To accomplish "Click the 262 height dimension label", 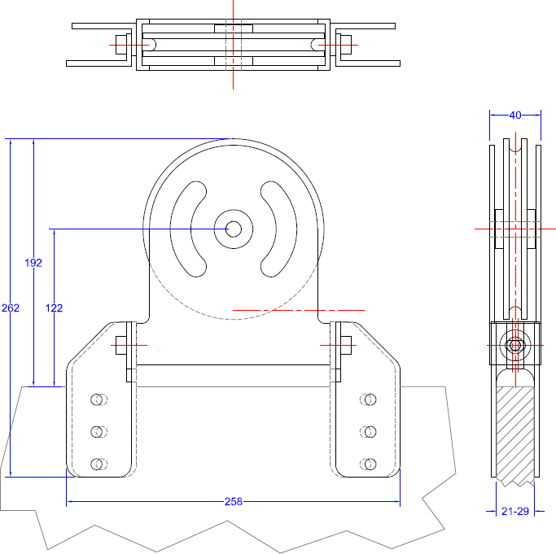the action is [x=11, y=308].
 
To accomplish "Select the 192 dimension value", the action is [x=33, y=263].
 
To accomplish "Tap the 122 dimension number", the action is [x=54, y=308].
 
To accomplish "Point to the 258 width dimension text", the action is [x=234, y=502].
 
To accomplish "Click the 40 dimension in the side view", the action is [x=515, y=116].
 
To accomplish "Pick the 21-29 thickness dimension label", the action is [x=515, y=511].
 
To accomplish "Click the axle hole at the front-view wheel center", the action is [x=234, y=229].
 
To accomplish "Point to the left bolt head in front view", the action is [x=121, y=345].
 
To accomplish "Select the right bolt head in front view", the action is [x=346, y=345].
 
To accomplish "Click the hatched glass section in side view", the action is [x=514, y=434].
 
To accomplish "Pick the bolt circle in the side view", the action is [x=515, y=345].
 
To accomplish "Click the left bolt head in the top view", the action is [x=121, y=45].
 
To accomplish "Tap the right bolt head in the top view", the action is [x=346, y=45].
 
